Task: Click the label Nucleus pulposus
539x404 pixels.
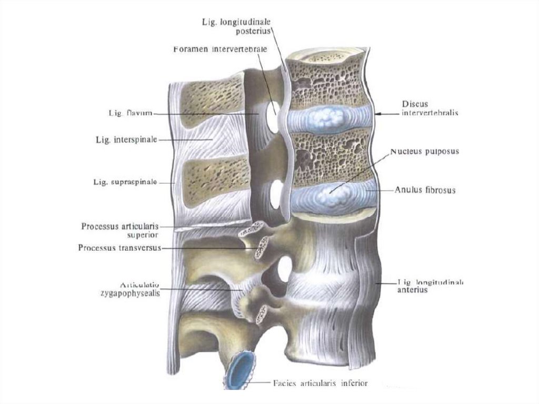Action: [x=425, y=152]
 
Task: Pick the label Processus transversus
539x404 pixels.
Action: [x=119, y=247]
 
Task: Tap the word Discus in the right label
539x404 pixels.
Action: [x=415, y=104]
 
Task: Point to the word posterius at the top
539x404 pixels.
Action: [x=255, y=31]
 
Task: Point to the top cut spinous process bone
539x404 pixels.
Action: [x=211, y=100]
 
